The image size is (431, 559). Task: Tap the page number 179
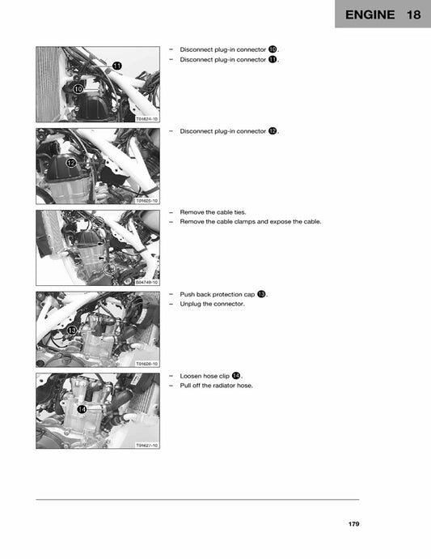click(x=353, y=524)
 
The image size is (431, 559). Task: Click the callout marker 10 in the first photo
click(x=78, y=88)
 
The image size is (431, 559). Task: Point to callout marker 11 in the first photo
click(x=116, y=65)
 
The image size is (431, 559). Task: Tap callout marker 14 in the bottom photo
click(x=82, y=409)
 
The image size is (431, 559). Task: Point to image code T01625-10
click(x=147, y=200)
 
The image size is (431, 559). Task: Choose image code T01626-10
click(x=147, y=364)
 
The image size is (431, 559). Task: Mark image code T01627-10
click(x=147, y=445)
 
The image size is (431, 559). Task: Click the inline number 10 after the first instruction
click(x=273, y=49)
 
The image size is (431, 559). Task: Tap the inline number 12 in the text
click(x=273, y=131)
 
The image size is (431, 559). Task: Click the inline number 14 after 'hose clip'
click(x=235, y=376)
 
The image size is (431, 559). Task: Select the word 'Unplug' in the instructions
click(x=190, y=304)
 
